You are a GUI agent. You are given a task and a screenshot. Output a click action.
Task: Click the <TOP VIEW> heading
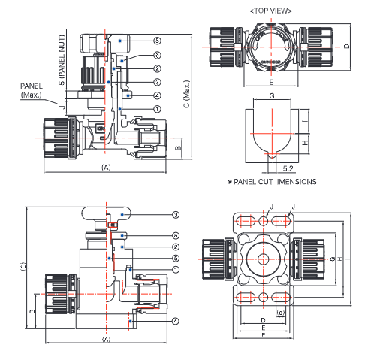pyautogui.click(x=270, y=11)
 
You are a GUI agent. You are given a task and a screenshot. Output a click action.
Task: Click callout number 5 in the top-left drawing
pyautogui.click(x=157, y=40)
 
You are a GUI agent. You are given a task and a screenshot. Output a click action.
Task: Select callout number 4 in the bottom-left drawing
pyautogui.click(x=175, y=321)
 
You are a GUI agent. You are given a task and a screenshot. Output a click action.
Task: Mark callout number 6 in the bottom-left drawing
pyautogui.click(x=175, y=234)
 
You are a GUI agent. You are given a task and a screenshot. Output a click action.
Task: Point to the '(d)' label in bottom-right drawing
pyautogui.click(x=281, y=312)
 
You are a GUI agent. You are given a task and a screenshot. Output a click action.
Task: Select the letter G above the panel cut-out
pyautogui.click(x=270, y=95)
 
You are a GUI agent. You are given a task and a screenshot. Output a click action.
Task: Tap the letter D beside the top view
pyautogui.click(x=367, y=45)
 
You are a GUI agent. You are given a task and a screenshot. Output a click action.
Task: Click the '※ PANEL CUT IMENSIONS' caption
pyautogui.click(x=271, y=181)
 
